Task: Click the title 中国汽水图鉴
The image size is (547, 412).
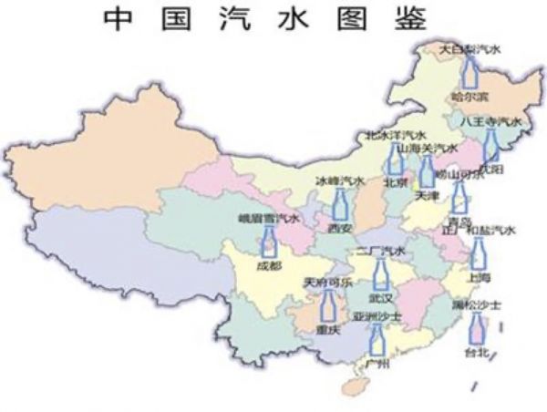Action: click(x=273, y=18)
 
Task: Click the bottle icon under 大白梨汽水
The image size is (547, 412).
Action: click(x=470, y=73)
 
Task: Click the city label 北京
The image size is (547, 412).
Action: click(x=395, y=180)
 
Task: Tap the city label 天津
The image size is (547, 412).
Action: click(x=427, y=195)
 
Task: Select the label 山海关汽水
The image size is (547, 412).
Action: click(x=428, y=148)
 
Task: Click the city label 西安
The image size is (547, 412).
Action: click(x=340, y=228)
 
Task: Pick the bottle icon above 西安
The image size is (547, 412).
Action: click(x=339, y=204)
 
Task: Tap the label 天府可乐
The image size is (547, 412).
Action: click(x=326, y=283)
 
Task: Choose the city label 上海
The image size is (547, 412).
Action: click(x=478, y=276)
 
